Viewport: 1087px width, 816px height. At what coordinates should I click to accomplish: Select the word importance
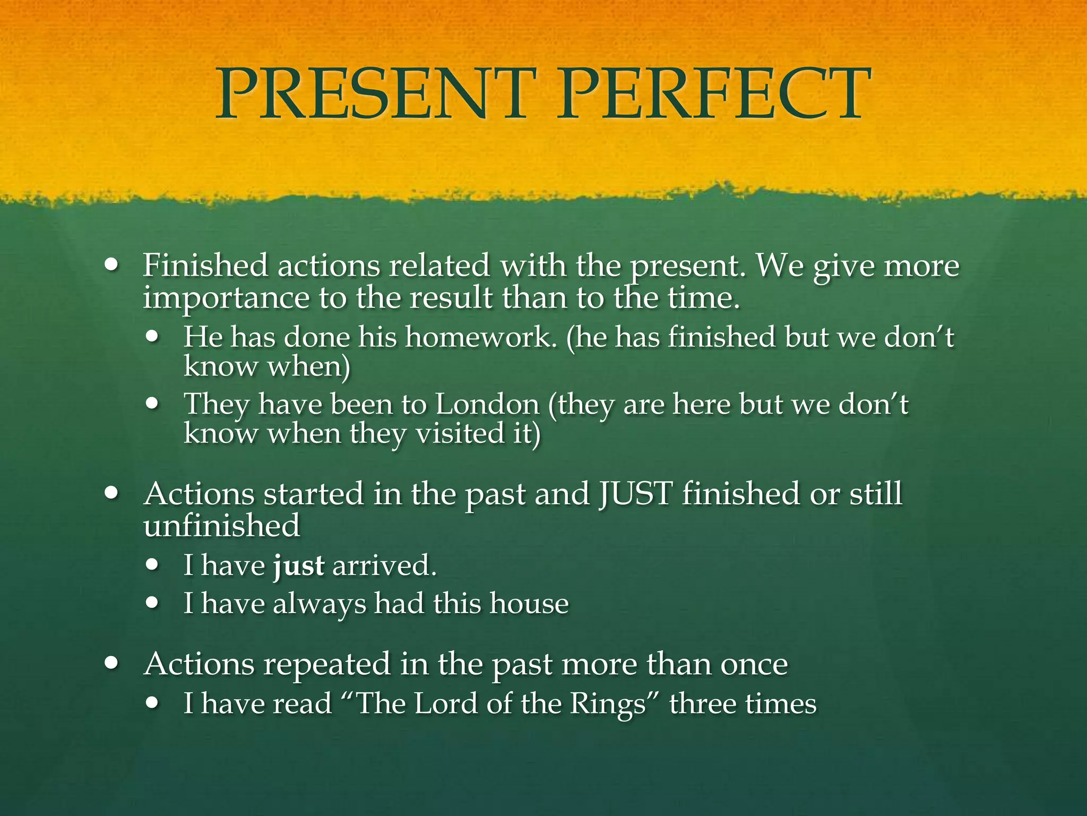pyautogui.click(x=226, y=299)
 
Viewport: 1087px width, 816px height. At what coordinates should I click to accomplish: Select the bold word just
pyautogui.click(x=298, y=565)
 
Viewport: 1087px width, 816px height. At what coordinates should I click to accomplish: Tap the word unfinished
pyautogui.click(x=222, y=525)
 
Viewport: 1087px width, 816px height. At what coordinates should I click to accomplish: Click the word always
pyautogui.click(x=319, y=604)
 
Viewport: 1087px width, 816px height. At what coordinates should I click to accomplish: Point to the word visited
pyautogui.click(x=459, y=433)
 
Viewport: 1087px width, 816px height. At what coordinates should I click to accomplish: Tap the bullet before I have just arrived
pyautogui.click(x=153, y=565)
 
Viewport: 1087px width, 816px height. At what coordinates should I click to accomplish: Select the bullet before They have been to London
pyautogui.click(x=153, y=404)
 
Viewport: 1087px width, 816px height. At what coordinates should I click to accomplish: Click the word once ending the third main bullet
pyautogui.click(x=754, y=665)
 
